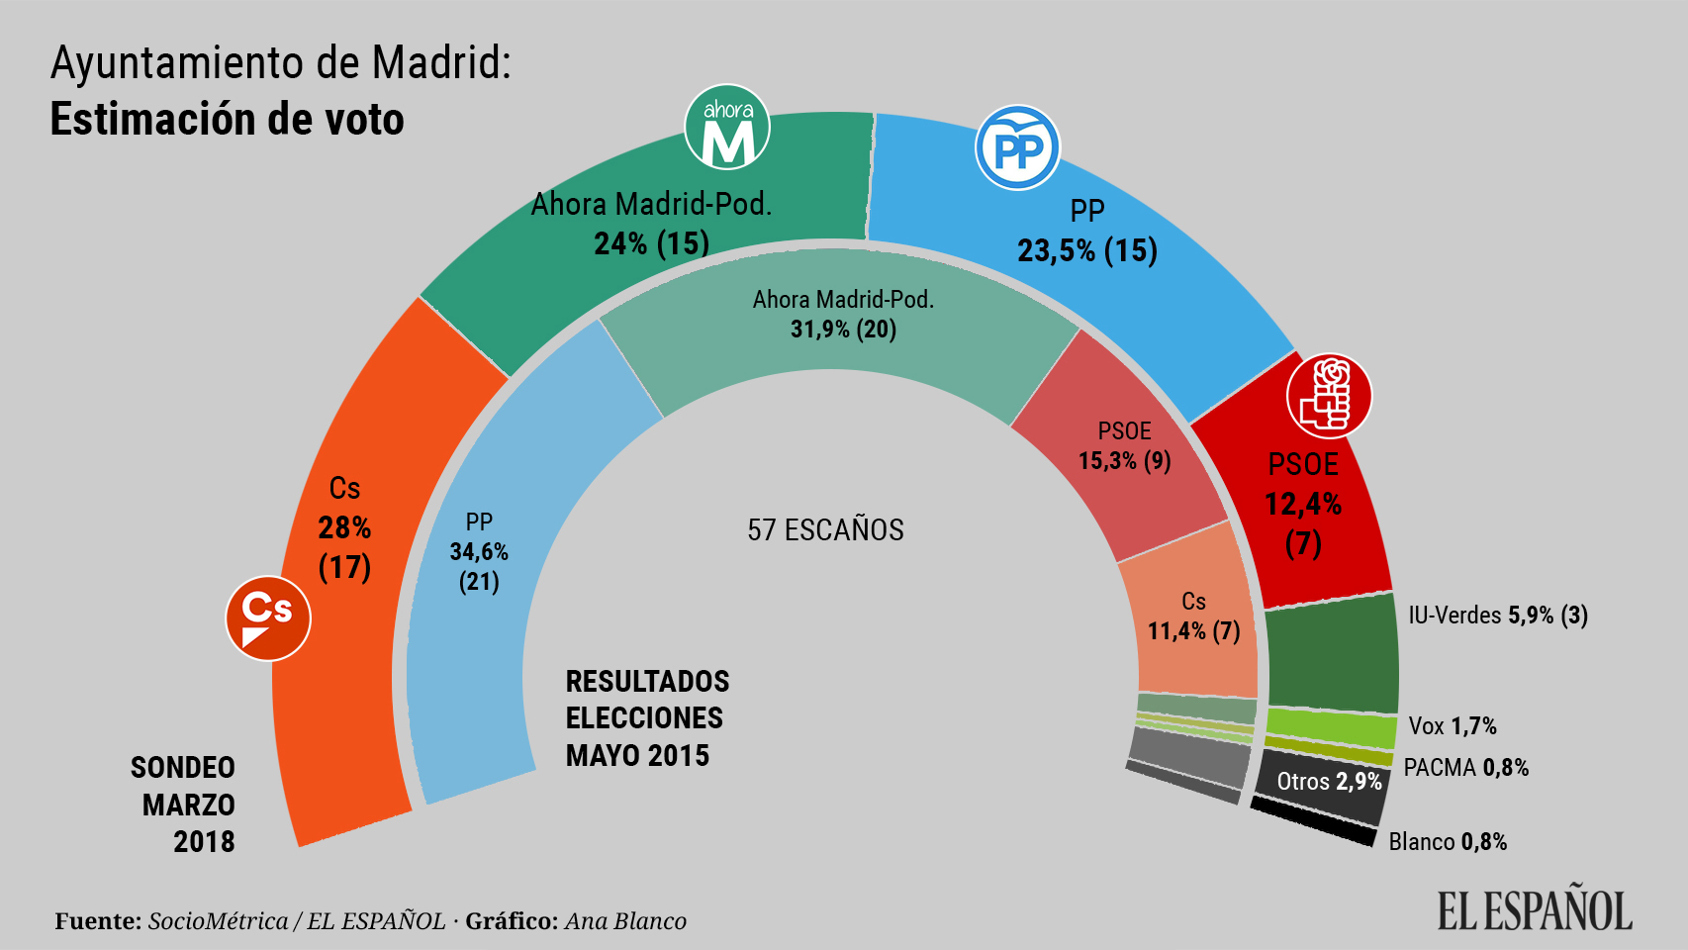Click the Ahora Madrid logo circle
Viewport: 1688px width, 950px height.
[727, 128]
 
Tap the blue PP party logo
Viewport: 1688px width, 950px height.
[1017, 148]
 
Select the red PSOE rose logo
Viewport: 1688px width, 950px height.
[1329, 396]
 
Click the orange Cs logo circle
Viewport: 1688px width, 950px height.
[268, 618]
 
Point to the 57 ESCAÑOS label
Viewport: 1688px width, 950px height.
[825, 530]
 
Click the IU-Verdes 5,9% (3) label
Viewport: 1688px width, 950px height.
[1497, 616]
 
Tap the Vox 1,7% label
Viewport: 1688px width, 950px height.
[1452, 726]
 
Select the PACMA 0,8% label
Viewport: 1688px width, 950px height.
[1465, 768]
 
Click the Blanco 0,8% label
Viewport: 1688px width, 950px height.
[1447, 842]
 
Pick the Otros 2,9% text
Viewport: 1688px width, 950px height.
[1328, 782]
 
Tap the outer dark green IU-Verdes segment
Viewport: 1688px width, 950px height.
[1332, 658]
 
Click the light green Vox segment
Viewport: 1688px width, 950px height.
[1330, 727]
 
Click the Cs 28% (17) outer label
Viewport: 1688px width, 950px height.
[344, 527]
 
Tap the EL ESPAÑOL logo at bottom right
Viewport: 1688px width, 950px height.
[1534, 910]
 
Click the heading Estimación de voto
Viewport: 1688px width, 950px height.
[227, 120]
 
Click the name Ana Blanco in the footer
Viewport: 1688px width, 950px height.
[625, 921]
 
